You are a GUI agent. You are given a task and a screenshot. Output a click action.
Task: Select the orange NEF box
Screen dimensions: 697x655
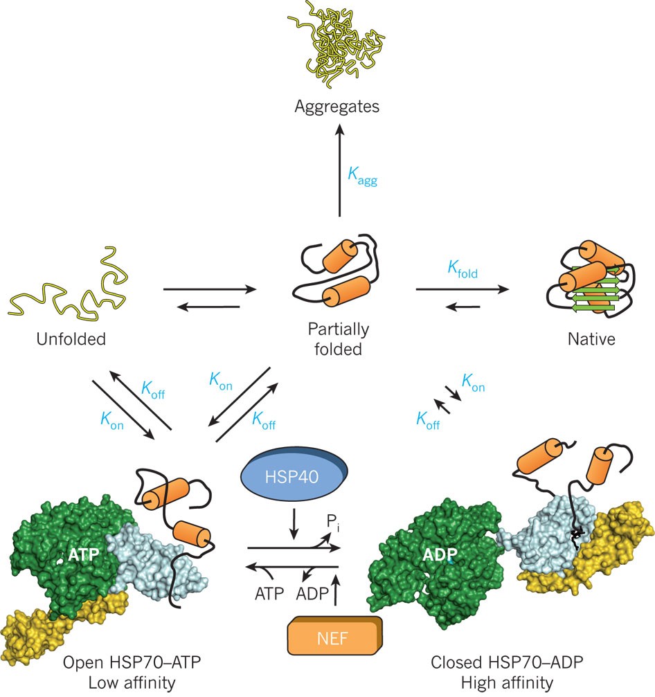pyautogui.click(x=334, y=635)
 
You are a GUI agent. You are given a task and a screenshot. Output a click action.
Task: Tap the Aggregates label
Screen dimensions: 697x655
pyautogui.click(x=337, y=107)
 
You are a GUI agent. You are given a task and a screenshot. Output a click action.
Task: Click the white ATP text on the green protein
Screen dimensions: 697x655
pyautogui.click(x=85, y=554)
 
